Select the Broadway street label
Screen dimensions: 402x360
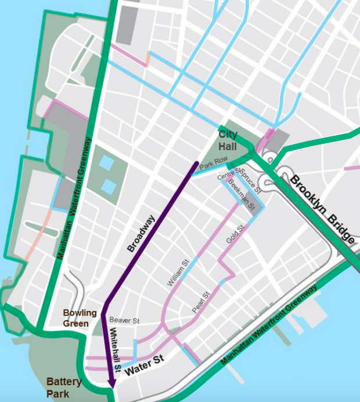point(141,234)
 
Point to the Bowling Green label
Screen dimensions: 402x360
point(80,318)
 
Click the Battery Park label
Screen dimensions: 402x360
point(64,388)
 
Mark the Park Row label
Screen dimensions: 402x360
point(211,166)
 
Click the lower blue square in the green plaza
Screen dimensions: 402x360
point(109,186)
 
